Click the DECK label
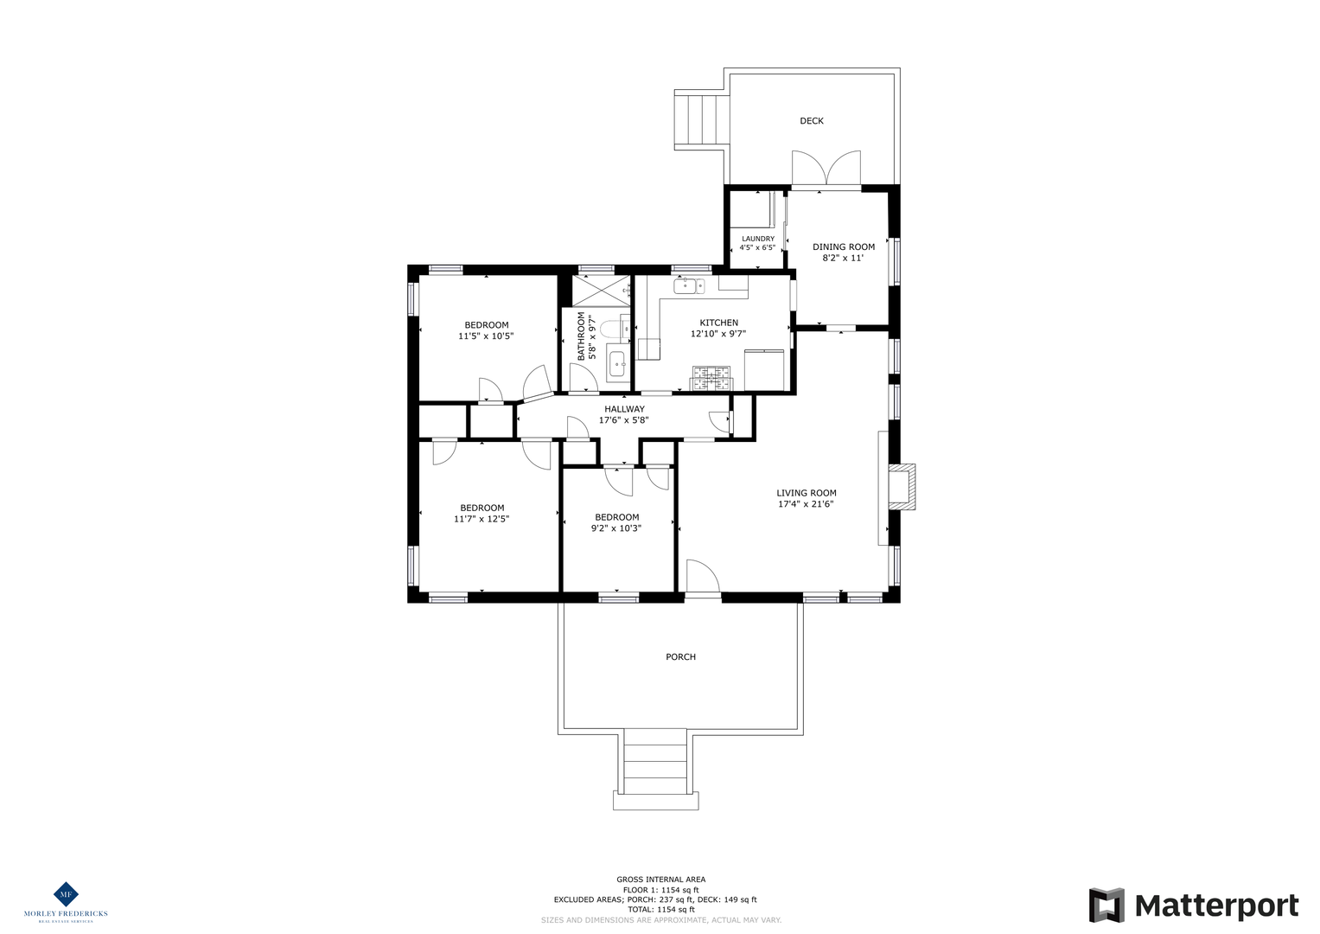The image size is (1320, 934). click(812, 121)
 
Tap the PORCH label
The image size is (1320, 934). click(680, 657)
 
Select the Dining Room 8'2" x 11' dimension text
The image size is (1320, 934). click(843, 259)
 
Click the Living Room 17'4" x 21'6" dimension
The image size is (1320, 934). click(806, 504)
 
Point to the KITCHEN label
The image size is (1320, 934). click(719, 323)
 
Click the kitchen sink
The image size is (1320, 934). click(690, 286)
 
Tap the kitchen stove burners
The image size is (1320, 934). click(711, 378)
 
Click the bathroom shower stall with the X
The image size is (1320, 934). click(602, 291)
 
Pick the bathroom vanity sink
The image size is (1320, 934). click(617, 364)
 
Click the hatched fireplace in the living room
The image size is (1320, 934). click(902, 487)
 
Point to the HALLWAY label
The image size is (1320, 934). click(624, 409)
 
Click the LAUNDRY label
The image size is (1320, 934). click(758, 239)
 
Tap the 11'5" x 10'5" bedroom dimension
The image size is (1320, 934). click(486, 336)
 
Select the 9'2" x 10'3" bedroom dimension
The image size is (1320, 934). click(616, 528)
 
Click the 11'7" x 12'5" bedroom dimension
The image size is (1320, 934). click(481, 520)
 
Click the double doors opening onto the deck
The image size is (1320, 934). click(826, 168)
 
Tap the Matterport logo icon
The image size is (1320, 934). click(1106, 905)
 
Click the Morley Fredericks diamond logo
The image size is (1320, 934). click(66, 894)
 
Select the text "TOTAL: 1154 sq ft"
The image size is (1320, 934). click(660, 909)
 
